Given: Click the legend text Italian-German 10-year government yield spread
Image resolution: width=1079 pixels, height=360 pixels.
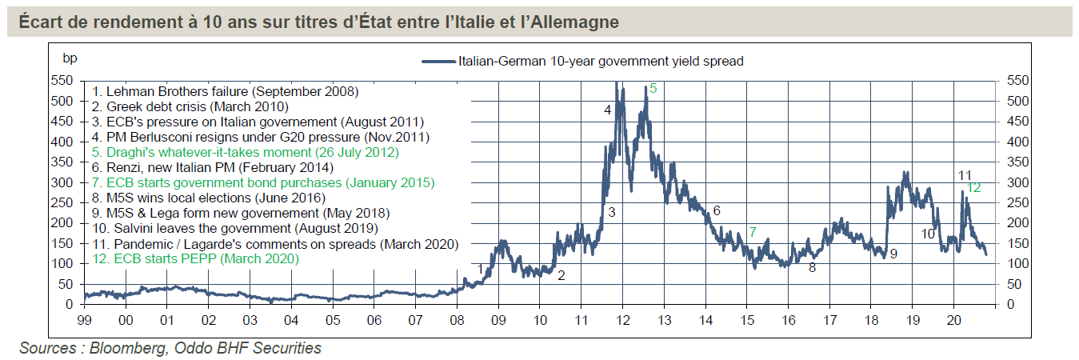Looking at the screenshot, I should point(600,61).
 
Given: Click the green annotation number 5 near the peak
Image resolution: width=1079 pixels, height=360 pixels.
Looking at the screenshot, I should point(653,89).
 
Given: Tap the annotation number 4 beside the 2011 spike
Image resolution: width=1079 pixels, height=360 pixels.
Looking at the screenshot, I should point(608,110).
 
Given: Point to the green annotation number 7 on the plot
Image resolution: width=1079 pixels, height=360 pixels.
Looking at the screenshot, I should point(752,232).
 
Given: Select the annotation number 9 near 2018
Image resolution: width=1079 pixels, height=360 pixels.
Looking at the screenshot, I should point(893,254).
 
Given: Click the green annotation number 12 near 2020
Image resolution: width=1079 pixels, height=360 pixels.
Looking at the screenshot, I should point(973,187).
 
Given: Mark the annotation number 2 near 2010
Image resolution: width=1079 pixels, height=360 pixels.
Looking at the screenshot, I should point(561,276).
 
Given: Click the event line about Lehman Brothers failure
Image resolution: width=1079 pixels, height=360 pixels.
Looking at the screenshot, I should point(226,91).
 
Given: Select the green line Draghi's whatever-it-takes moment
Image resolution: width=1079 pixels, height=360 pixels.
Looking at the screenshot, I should point(245,152).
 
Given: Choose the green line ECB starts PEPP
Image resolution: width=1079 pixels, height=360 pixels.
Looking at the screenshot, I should point(196,259).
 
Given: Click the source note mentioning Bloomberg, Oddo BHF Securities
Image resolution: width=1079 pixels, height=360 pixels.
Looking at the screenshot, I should point(170,348).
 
